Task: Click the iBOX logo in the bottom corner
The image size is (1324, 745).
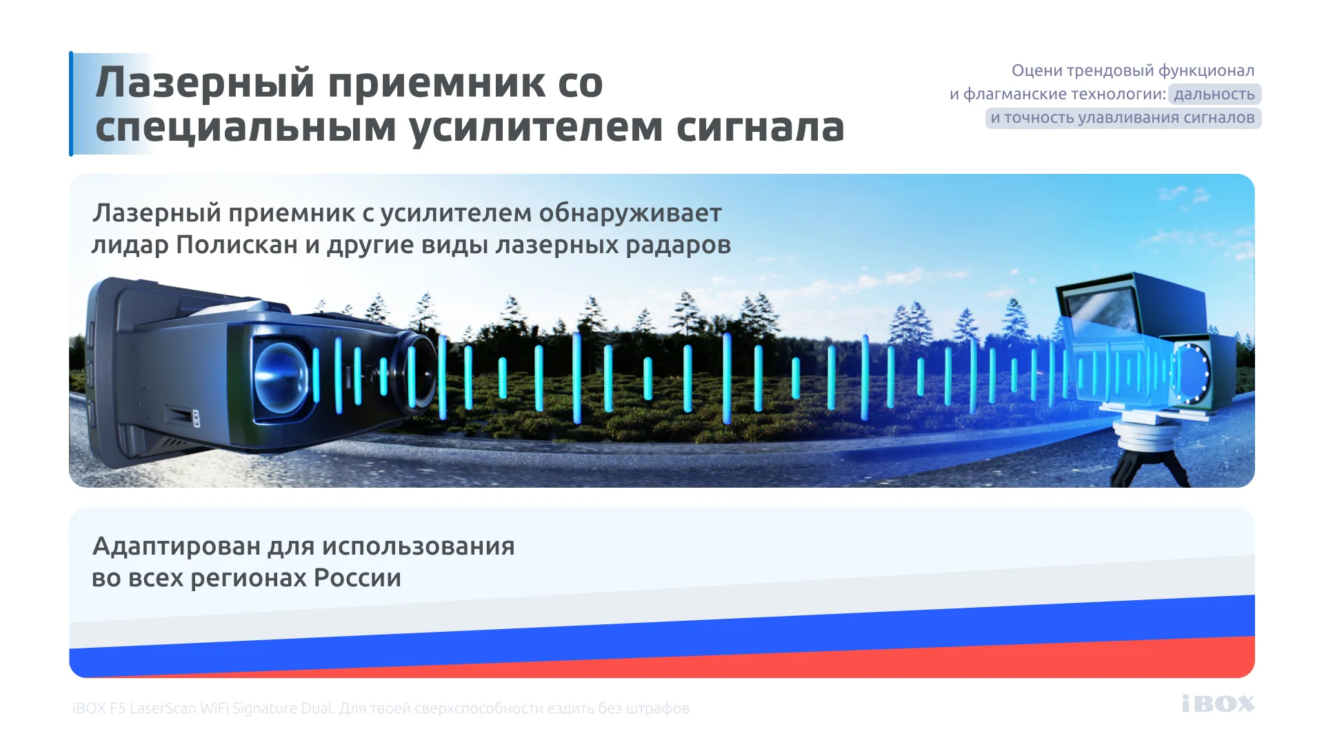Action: pyautogui.click(x=1218, y=704)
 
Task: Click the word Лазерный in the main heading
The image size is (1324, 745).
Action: pyautogui.click(x=205, y=83)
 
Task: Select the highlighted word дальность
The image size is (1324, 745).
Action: pyautogui.click(x=1214, y=95)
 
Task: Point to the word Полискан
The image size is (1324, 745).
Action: pyautogui.click(x=237, y=245)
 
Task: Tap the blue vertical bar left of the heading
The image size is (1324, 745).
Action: pyautogui.click(x=71, y=103)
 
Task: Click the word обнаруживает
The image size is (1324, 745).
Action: pyautogui.click(x=630, y=214)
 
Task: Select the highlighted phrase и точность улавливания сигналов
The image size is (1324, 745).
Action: pyautogui.click(x=1123, y=118)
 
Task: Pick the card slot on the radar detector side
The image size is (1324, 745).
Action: pyautogui.click(x=181, y=415)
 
